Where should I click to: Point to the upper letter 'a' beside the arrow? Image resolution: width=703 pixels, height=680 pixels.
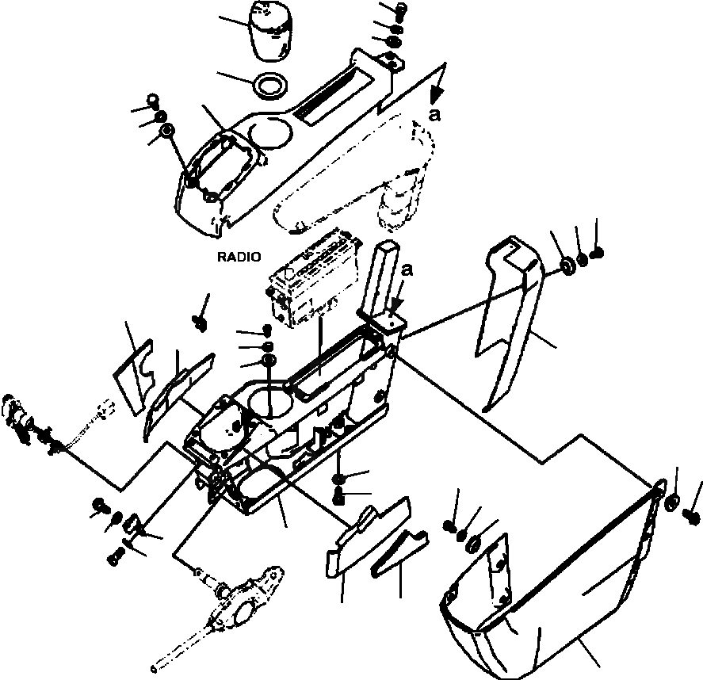point(434,114)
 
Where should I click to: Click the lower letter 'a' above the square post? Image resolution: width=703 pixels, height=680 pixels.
point(407,270)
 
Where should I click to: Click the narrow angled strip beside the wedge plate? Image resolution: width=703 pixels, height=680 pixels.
point(400,551)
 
